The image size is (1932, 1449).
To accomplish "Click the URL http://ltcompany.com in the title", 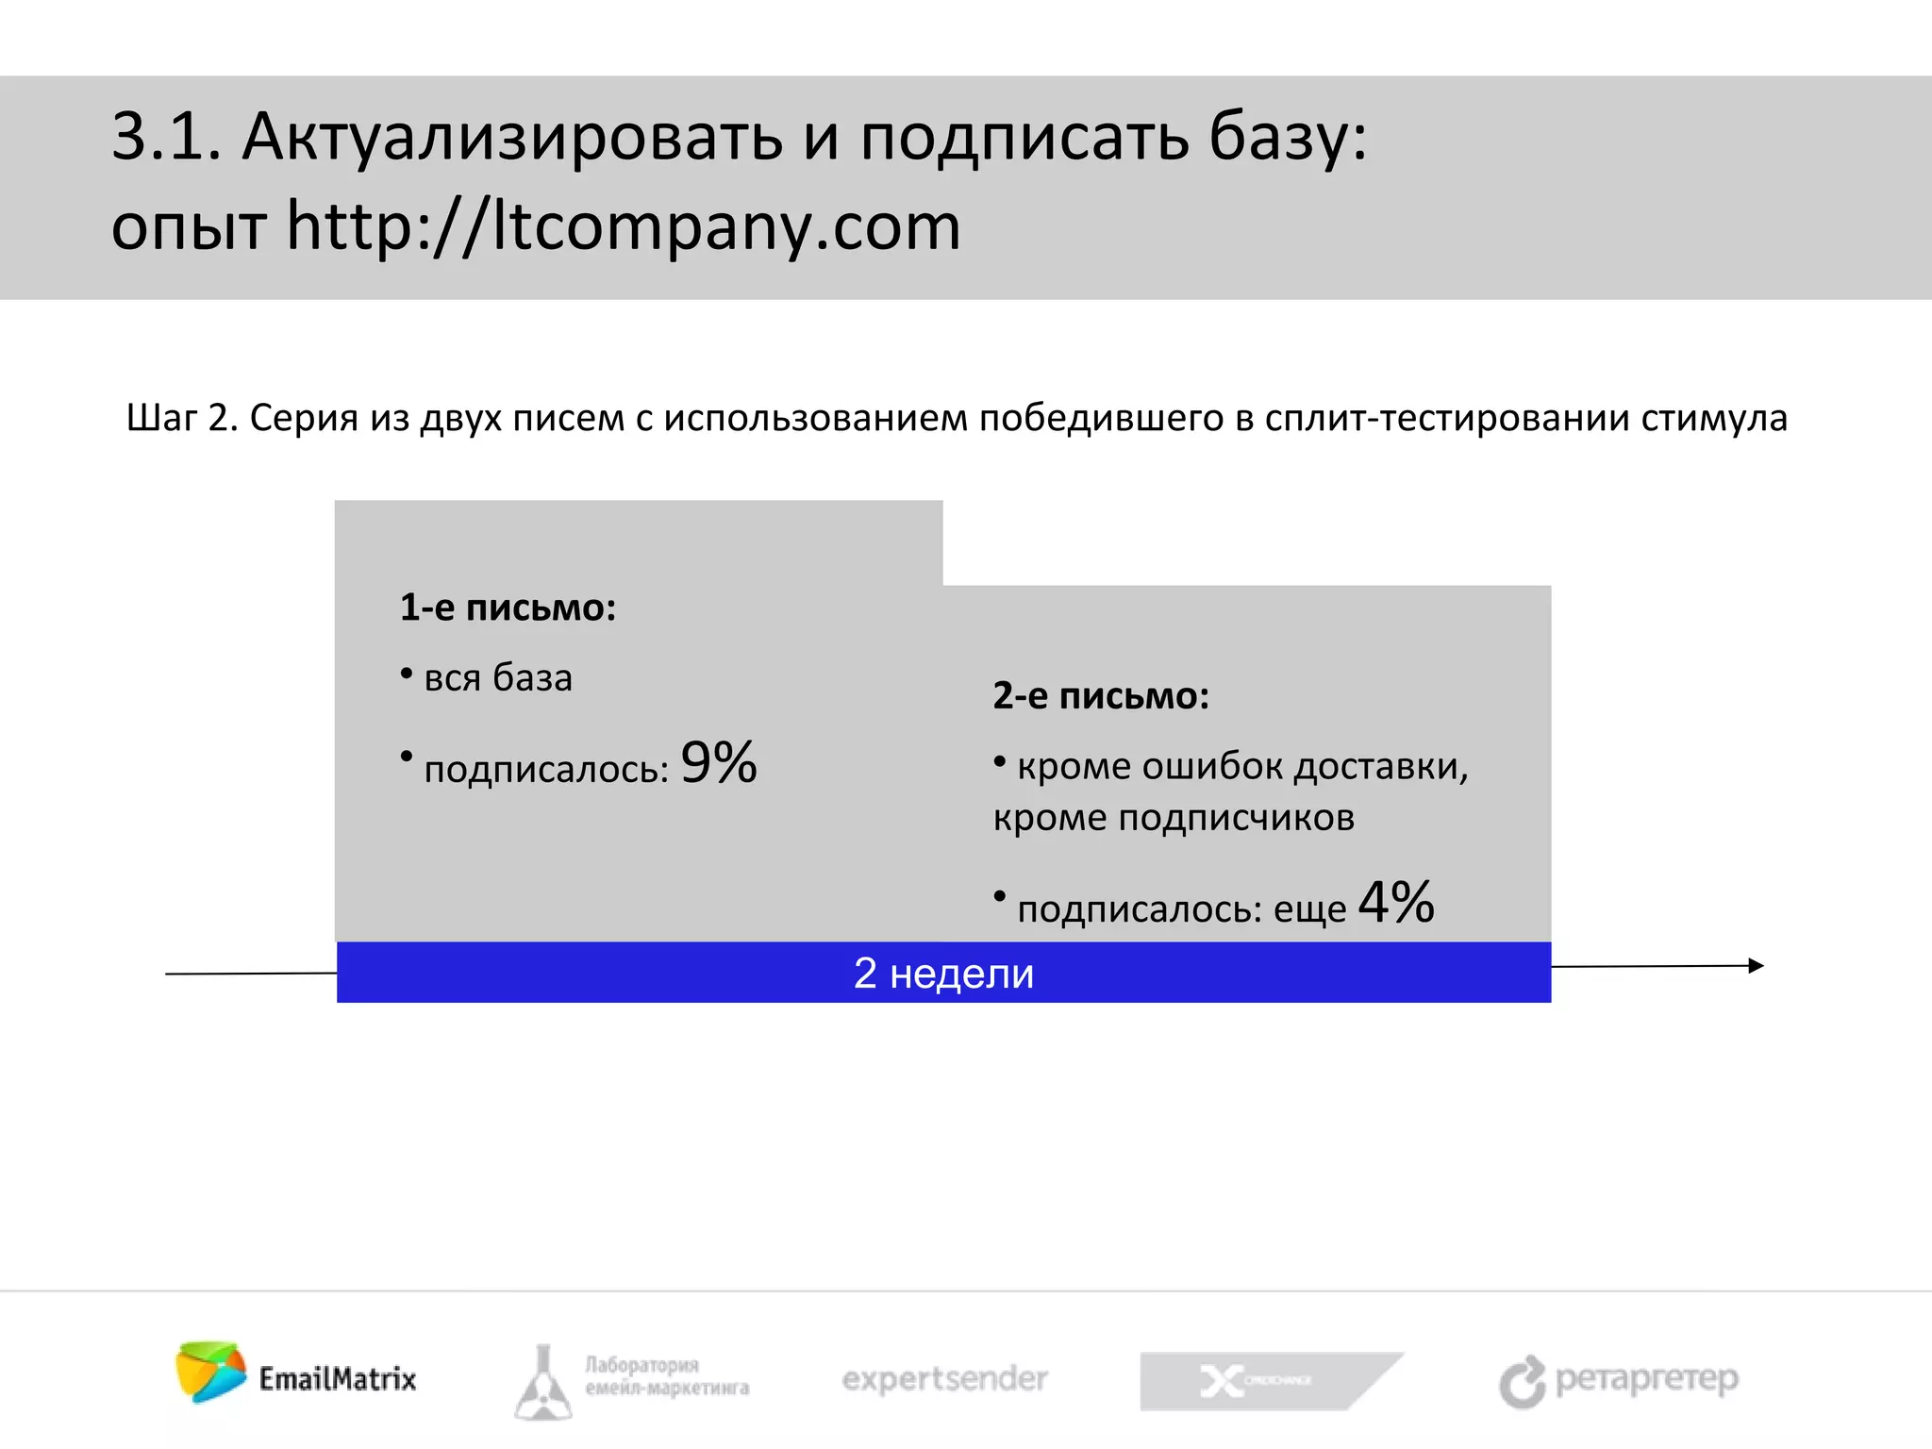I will (623, 227).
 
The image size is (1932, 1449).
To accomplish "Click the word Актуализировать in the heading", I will (512, 138).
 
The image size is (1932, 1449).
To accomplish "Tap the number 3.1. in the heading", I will (166, 138).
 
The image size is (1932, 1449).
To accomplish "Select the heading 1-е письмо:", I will (508, 608).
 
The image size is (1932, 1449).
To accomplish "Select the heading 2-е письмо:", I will (1100, 696).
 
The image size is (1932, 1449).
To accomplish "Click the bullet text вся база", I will (498, 678).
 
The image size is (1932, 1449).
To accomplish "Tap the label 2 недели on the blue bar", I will (943, 973).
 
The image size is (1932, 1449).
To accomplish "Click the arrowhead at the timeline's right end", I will (1756, 965).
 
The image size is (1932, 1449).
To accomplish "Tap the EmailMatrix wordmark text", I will (338, 1379).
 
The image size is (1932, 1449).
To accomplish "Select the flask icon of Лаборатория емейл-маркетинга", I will (543, 1383).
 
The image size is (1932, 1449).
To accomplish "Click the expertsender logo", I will (944, 1379).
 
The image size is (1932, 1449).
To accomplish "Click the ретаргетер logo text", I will (1646, 1379).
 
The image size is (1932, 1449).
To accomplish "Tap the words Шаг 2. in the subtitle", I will (182, 418).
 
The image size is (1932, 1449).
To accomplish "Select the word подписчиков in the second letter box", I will (1236, 818).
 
